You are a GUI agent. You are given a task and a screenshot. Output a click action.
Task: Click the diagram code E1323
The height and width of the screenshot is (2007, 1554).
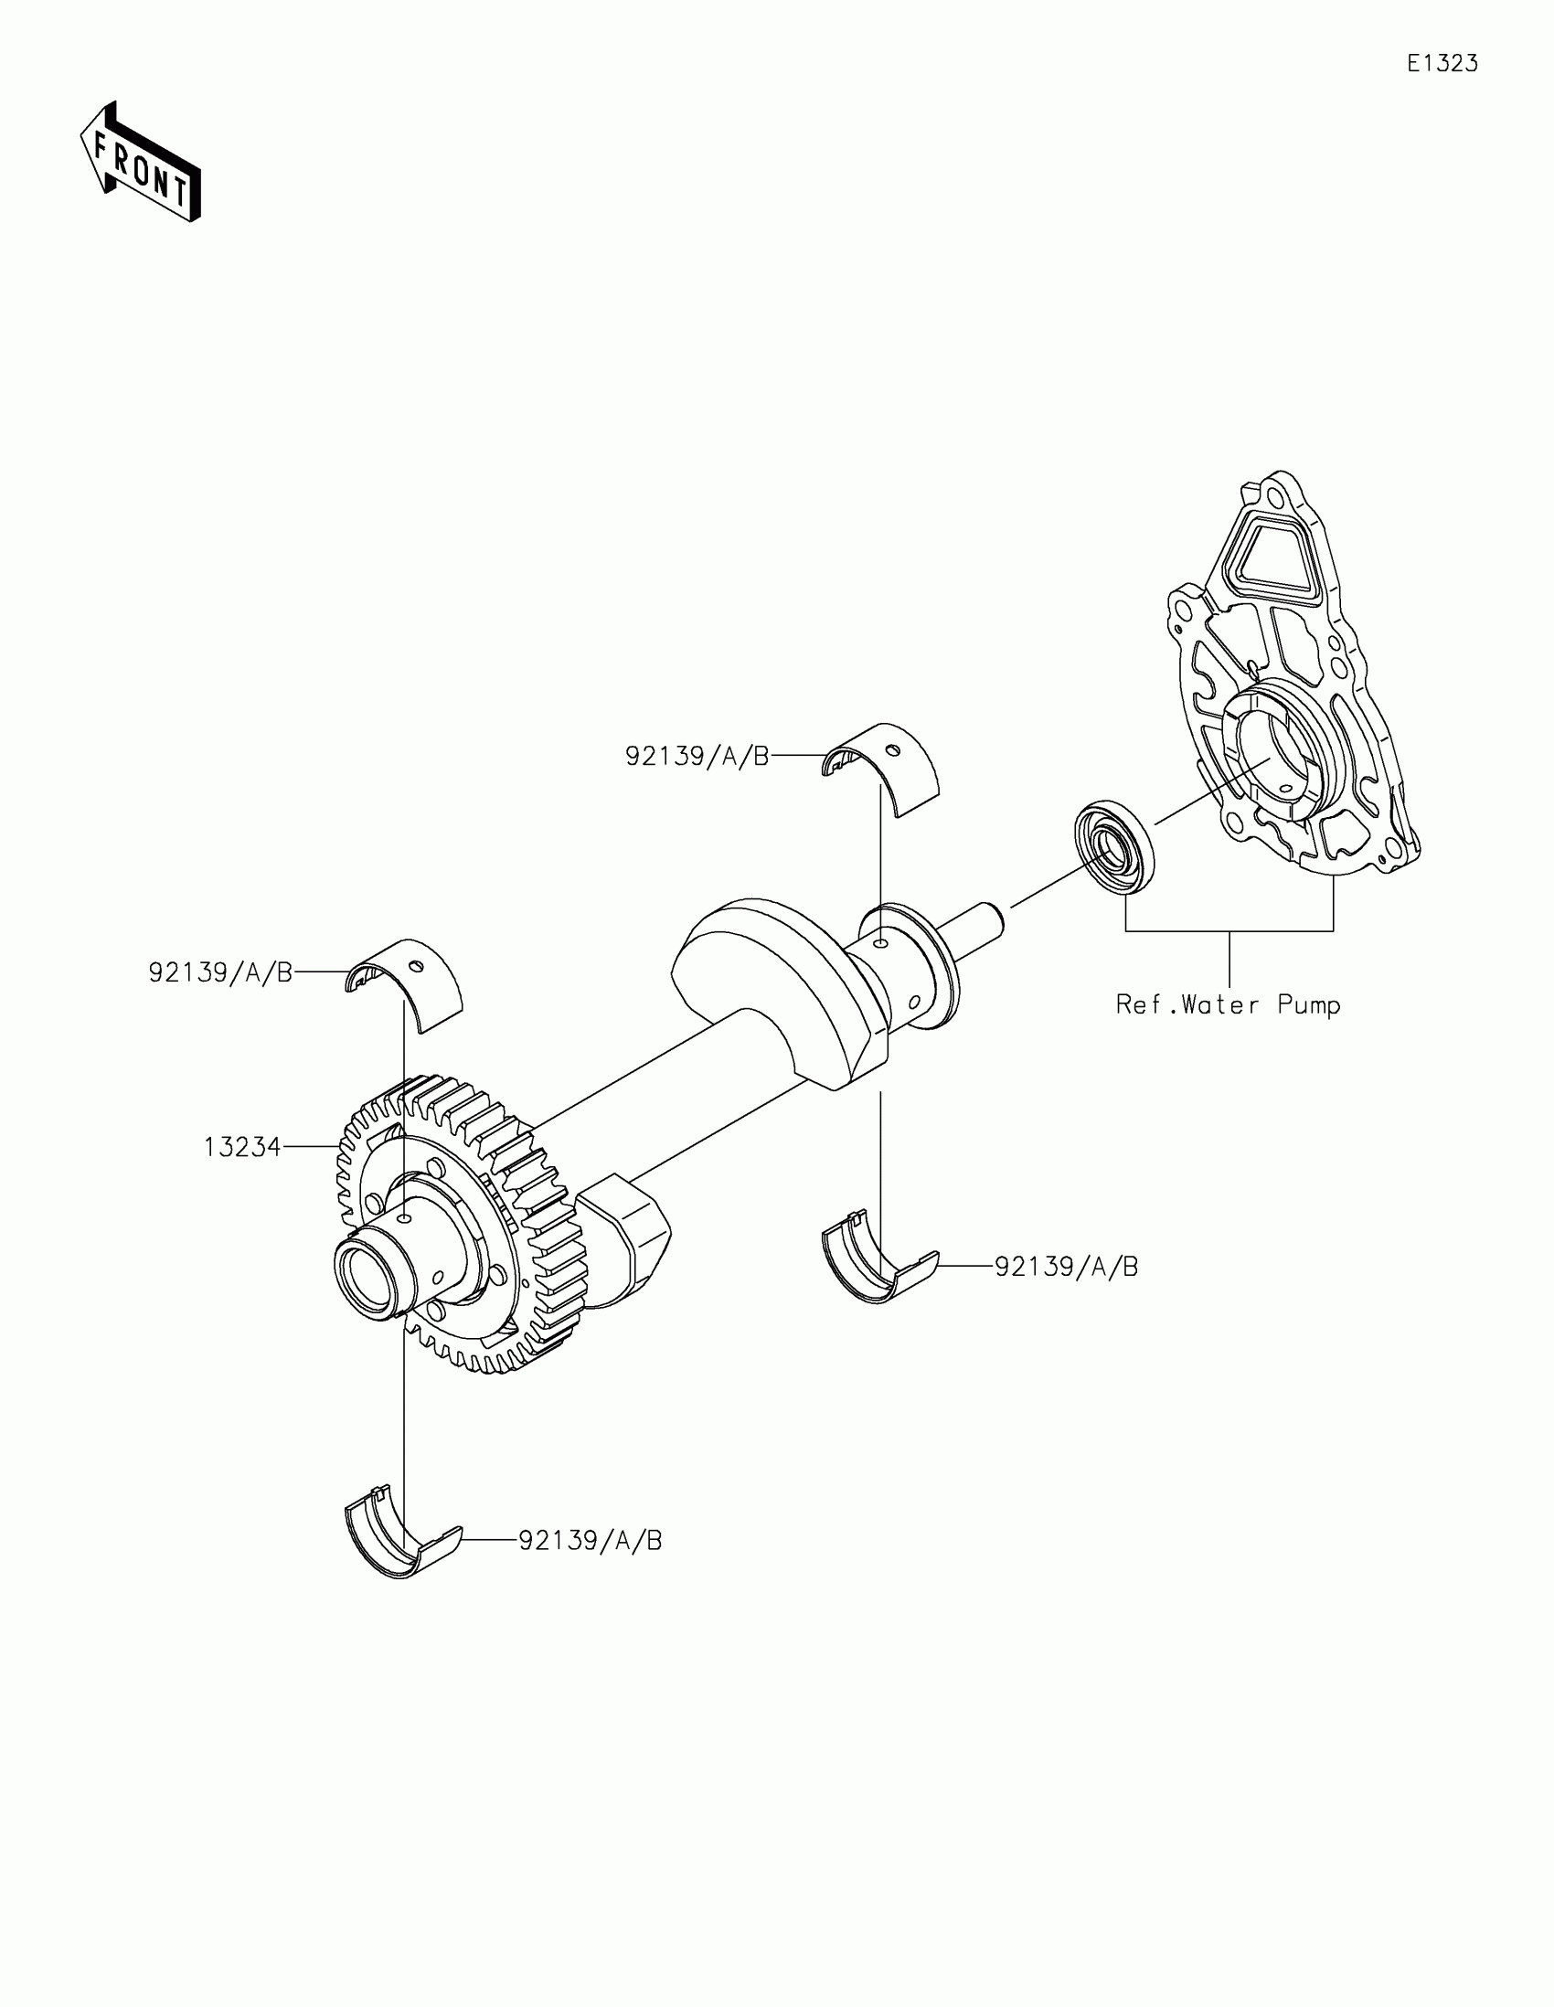tap(1442, 63)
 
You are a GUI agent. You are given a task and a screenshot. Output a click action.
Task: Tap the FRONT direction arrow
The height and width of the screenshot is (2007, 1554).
tap(141, 164)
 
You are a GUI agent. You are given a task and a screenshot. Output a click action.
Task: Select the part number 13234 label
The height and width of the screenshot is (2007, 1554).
tap(241, 1147)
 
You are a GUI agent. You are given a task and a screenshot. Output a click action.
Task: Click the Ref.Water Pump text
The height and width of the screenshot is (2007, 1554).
tap(1228, 1004)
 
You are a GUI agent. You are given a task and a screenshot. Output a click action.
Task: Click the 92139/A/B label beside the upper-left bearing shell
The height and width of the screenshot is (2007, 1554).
tap(220, 972)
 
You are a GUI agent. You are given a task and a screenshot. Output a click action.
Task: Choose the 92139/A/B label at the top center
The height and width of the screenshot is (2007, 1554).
tap(697, 756)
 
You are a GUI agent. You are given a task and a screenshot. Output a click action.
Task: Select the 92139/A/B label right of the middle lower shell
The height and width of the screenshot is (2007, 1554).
tap(1066, 1267)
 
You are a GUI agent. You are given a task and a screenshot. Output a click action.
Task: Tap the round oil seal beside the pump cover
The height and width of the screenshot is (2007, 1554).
tap(1114, 847)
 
